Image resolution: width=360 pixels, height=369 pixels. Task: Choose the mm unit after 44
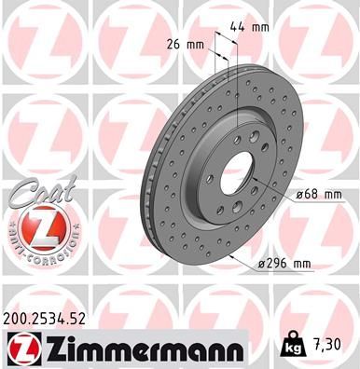[x=261, y=28]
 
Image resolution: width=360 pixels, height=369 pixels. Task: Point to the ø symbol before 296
[x=262, y=266]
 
